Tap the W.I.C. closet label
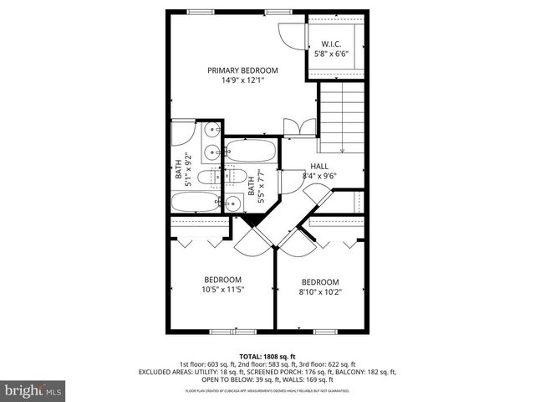tap(332, 44)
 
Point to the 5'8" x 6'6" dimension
tap(332, 54)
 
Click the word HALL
tap(319, 166)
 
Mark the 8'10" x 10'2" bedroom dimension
tap(320, 292)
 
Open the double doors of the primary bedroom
tap(299, 126)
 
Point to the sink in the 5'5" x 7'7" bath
tap(233, 203)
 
